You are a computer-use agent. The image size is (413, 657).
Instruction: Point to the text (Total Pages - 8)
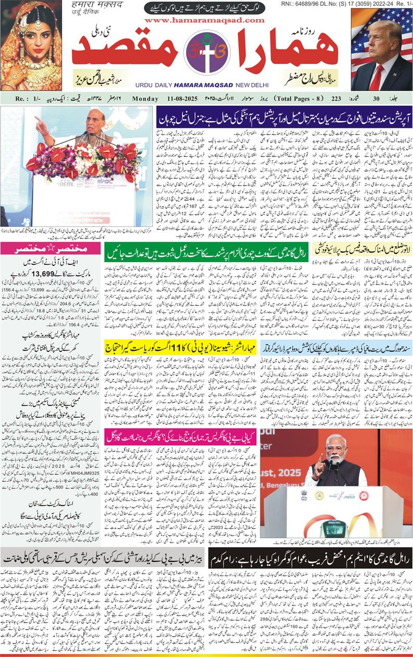coord(308,98)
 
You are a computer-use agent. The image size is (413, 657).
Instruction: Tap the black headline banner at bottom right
coord(310,558)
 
